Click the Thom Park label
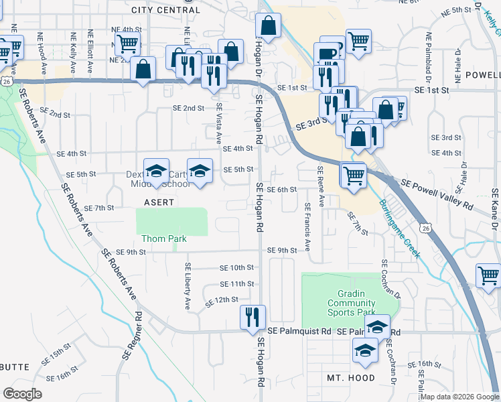click(163, 239)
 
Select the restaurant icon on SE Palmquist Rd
click(253, 316)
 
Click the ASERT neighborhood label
click(159, 202)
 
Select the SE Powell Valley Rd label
click(437, 192)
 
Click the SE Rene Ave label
click(320, 186)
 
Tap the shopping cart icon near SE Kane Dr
click(488, 275)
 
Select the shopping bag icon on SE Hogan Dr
click(268, 27)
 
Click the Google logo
click(23, 393)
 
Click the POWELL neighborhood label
click(482, 74)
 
